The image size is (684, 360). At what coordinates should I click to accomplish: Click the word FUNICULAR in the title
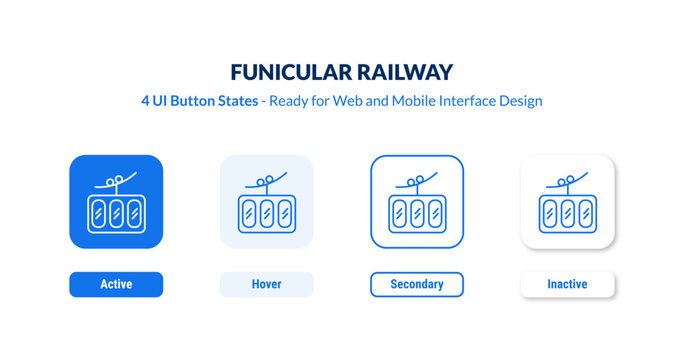tap(286, 72)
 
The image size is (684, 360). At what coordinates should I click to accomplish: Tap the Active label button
tap(116, 284)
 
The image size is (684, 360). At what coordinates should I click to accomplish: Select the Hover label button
tap(266, 284)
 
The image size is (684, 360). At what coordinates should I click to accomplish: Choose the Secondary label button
tap(417, 284)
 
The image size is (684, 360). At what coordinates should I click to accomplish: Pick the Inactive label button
tap(567, 284)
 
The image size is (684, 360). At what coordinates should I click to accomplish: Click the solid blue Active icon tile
tap(116, 201)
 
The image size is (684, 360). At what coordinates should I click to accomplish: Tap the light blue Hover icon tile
tap(266, 201)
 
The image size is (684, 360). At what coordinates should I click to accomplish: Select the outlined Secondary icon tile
tap(417, 201)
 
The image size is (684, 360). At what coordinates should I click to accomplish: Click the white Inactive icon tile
tap(567, 201)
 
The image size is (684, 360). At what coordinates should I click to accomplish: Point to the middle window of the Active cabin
tap(116, 213)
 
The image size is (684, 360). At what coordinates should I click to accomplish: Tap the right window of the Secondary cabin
tap(434, 213)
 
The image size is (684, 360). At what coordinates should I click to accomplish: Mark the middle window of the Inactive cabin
tap(567, 213)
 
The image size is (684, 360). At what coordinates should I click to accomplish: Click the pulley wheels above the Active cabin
tap(119, 181)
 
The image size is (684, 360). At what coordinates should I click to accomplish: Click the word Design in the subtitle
tap(519, 102)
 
